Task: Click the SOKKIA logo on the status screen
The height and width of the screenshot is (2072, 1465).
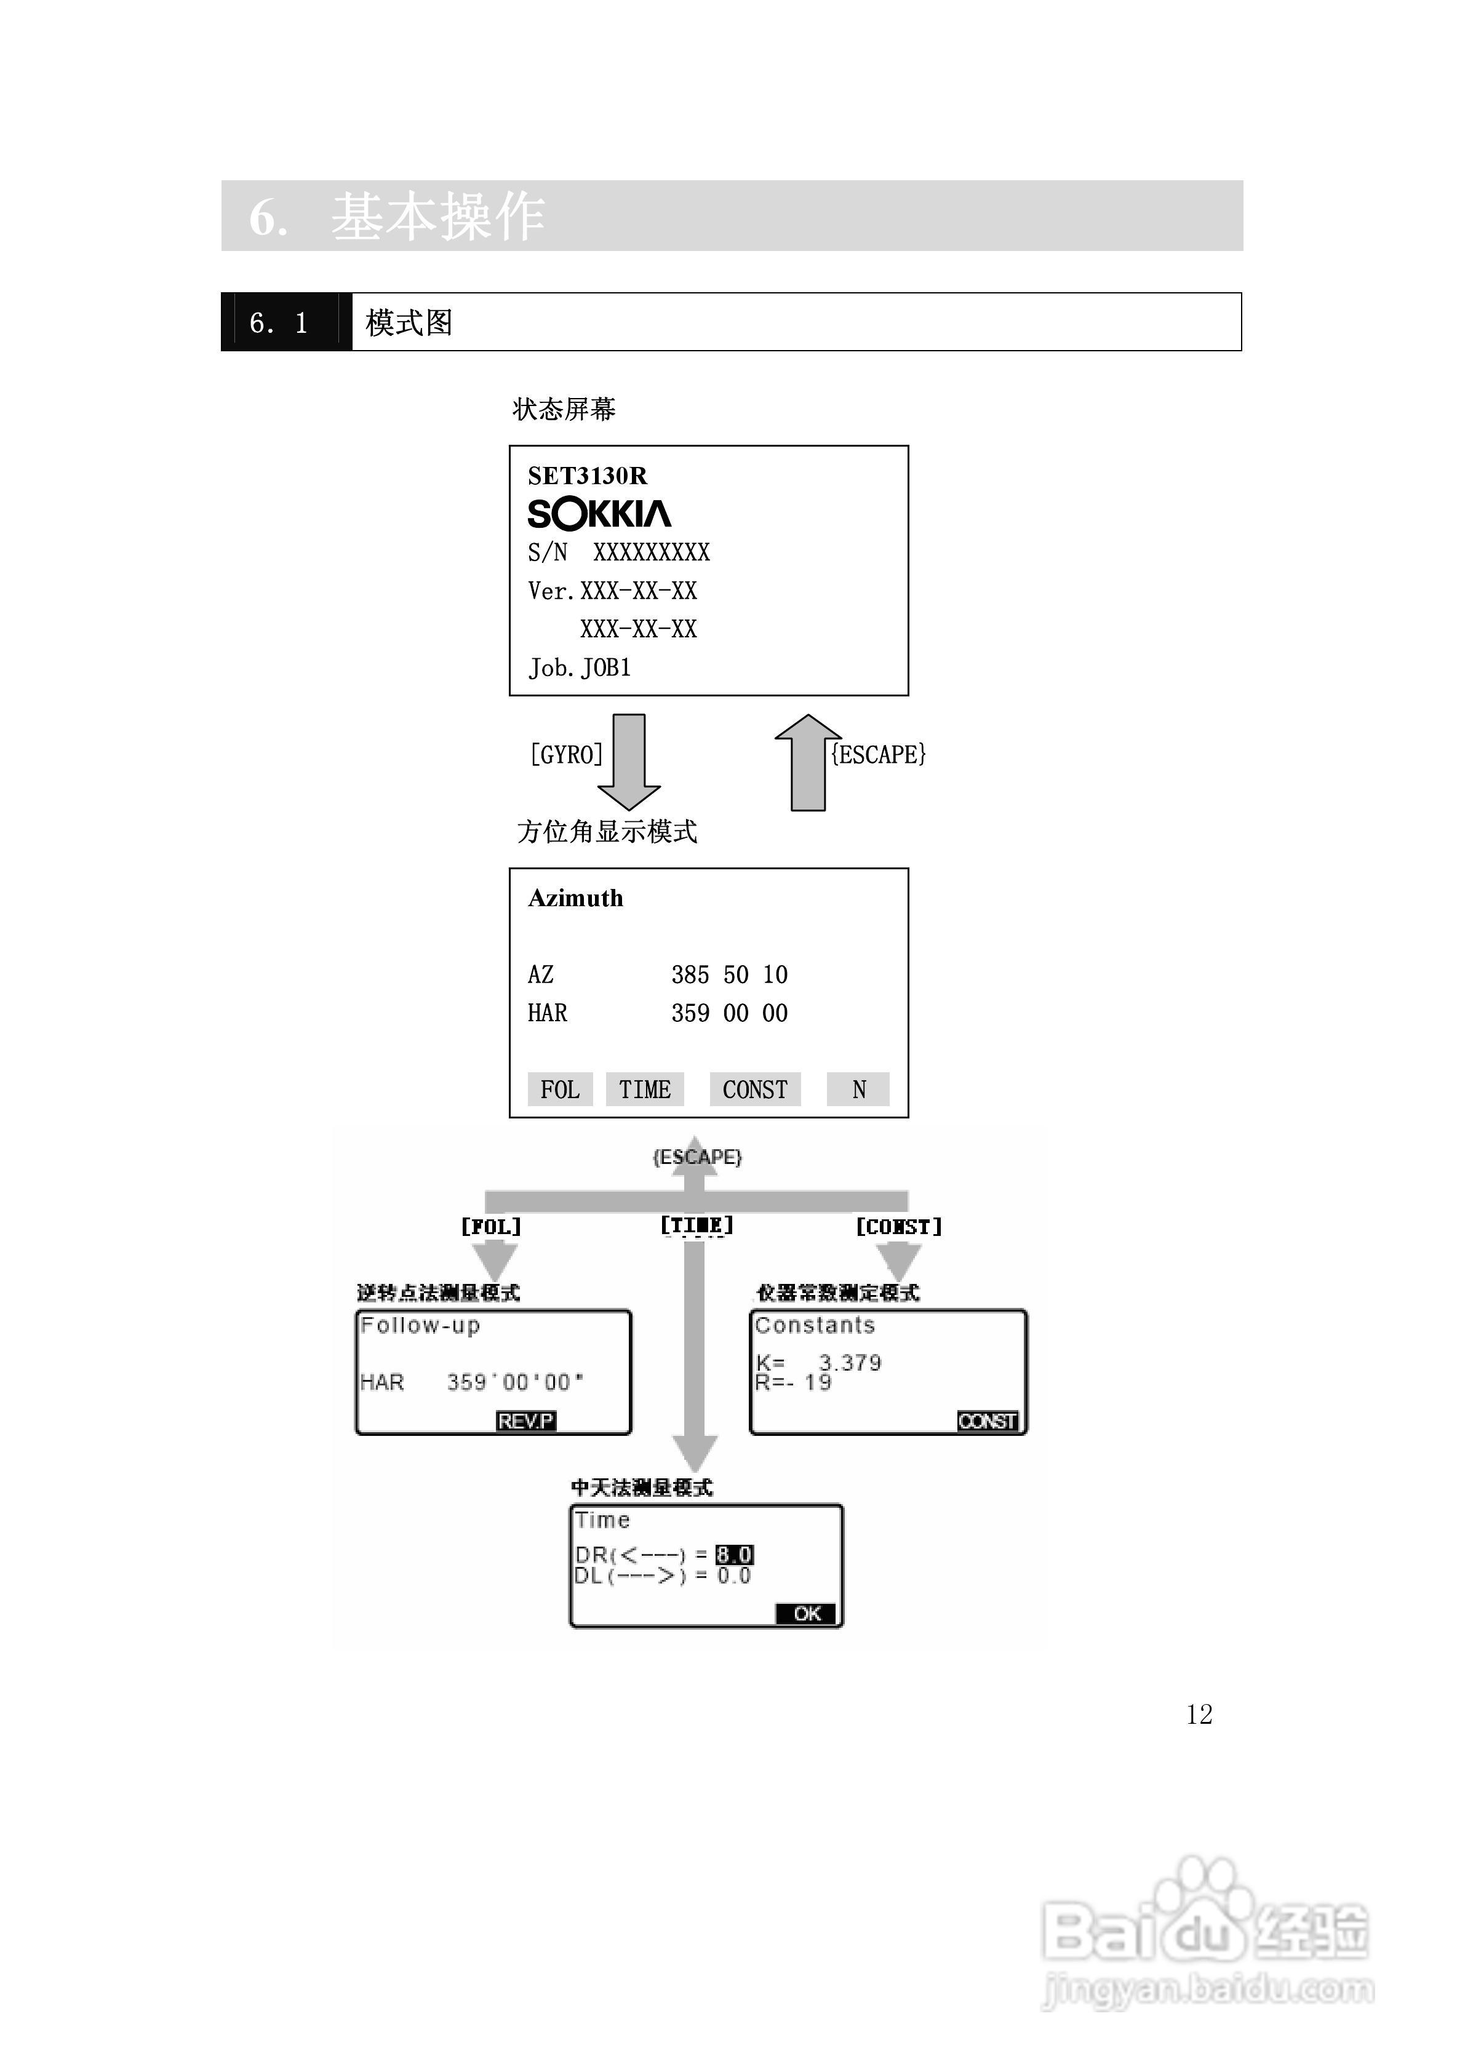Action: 599,514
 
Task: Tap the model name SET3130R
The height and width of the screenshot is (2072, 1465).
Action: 588,476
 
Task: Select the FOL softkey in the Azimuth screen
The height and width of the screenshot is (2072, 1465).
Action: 560,1090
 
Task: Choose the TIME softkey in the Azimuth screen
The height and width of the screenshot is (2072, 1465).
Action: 644,1090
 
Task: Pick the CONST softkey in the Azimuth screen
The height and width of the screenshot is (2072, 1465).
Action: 754,1090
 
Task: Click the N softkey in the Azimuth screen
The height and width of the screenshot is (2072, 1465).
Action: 858,1090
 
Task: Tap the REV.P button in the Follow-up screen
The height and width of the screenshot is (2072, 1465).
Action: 526,1421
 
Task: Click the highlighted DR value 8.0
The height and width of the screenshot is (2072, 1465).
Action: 734,1554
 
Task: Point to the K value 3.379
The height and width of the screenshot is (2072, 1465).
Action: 849,1363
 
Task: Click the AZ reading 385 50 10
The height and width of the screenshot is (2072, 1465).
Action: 729,974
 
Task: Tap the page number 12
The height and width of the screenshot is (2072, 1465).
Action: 1199,1715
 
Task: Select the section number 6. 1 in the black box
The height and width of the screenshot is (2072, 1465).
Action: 279,323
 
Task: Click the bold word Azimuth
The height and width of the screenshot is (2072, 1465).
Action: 575,898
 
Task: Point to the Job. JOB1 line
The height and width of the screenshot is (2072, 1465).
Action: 580,668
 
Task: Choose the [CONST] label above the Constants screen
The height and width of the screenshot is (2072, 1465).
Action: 898,1227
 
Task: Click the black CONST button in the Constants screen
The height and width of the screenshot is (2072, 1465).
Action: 988,1421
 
